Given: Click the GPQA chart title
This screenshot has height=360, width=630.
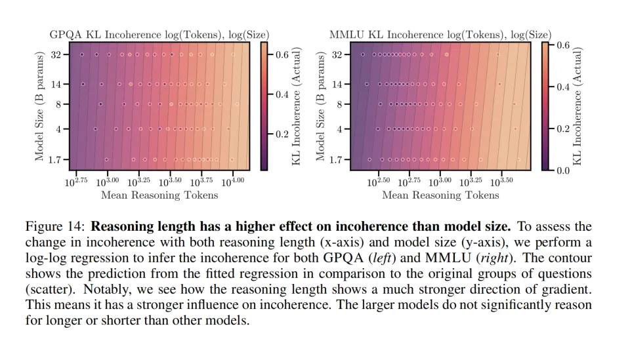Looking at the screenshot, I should [x=159, y=35].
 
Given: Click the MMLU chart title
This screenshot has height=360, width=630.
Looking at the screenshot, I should [x=440, y=35].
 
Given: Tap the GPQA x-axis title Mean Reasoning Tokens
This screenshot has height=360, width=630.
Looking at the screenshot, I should [x=159, y=195].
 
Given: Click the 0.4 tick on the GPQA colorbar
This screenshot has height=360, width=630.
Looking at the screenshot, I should [x=281, y=95].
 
